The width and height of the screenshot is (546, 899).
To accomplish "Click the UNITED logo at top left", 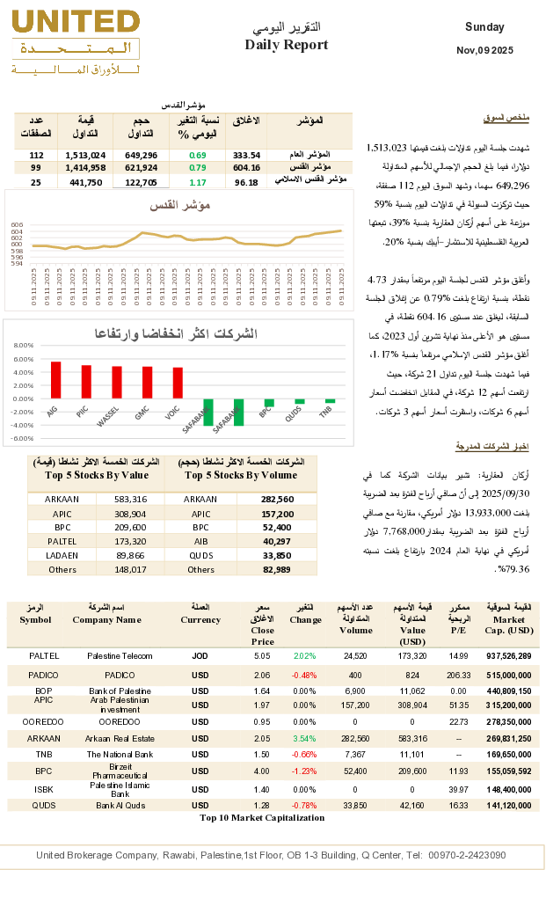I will [73, 40].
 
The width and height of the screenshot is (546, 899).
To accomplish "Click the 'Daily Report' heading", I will [287, 45].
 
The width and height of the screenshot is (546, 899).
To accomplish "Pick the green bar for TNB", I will [325, 403].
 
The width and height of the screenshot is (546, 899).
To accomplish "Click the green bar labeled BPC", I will [269, 403].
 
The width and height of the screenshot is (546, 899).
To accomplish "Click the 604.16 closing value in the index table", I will [246, 168].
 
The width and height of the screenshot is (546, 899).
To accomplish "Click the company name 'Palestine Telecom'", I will [120, 656].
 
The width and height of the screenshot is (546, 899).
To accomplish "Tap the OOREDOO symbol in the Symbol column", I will [44, 721].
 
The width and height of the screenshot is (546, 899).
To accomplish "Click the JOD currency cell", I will [200, 656].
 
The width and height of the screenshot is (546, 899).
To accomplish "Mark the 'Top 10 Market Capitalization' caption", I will [262, 817].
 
